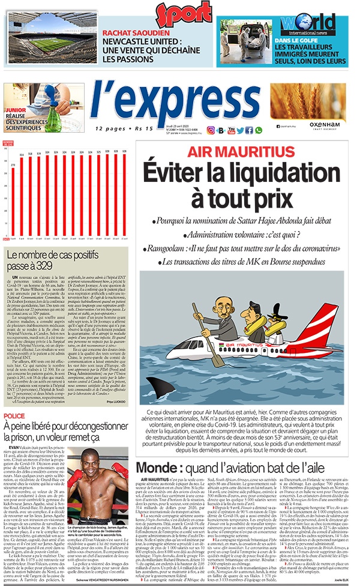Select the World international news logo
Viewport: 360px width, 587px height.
307,25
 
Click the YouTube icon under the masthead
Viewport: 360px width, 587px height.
231,130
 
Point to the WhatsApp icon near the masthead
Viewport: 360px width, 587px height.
259,130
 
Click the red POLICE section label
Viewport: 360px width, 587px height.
14,415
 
